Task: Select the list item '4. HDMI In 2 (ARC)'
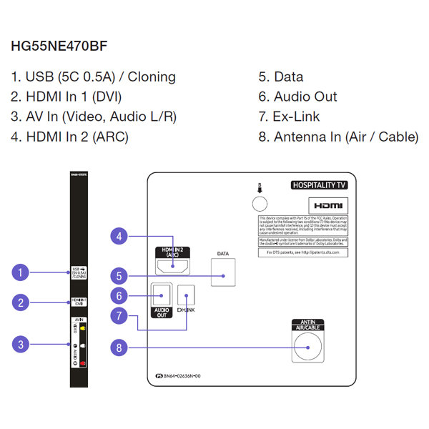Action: (x=69, y=136)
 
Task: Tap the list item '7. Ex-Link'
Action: (x=289, y=116)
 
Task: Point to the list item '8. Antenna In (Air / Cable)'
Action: (x=338, y=136)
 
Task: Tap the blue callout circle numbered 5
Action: (x=120, y=275)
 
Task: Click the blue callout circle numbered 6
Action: (x=120, y=295)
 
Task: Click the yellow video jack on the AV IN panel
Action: (x=83, y=330)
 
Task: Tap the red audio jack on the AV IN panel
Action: (x=83, y=363)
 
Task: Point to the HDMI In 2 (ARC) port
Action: (x=171, y=266)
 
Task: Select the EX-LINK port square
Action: (x=187, y=294)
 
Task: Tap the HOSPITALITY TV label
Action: (x=319, y=185)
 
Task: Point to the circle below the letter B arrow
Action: (x=260, y=204)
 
